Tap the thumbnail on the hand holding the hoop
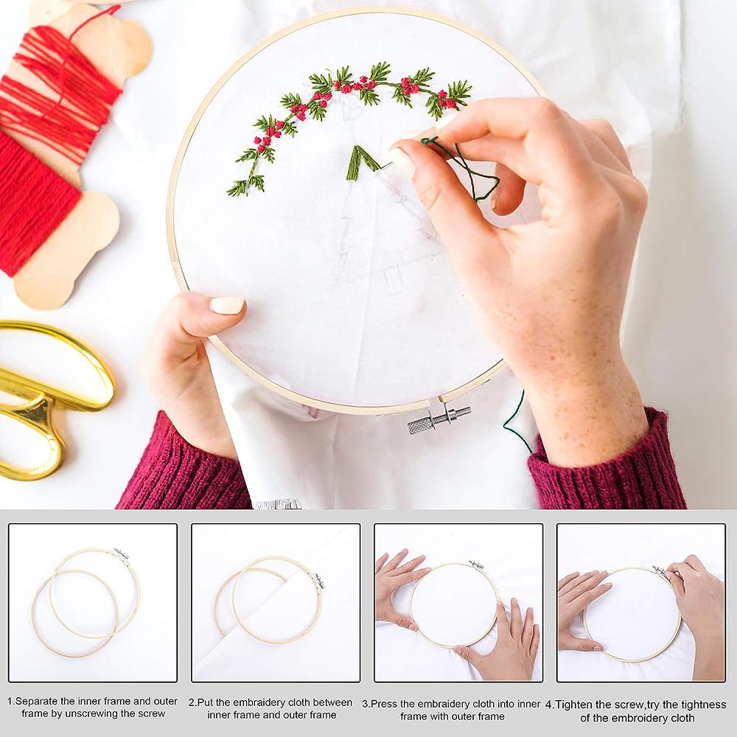coord(227,305)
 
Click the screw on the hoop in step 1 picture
coord(122,553)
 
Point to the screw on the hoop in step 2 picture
coord(320,581)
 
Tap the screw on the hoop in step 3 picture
coord(476,565)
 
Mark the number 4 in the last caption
coord(548,705)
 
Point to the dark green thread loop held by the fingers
coord(463,167)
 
